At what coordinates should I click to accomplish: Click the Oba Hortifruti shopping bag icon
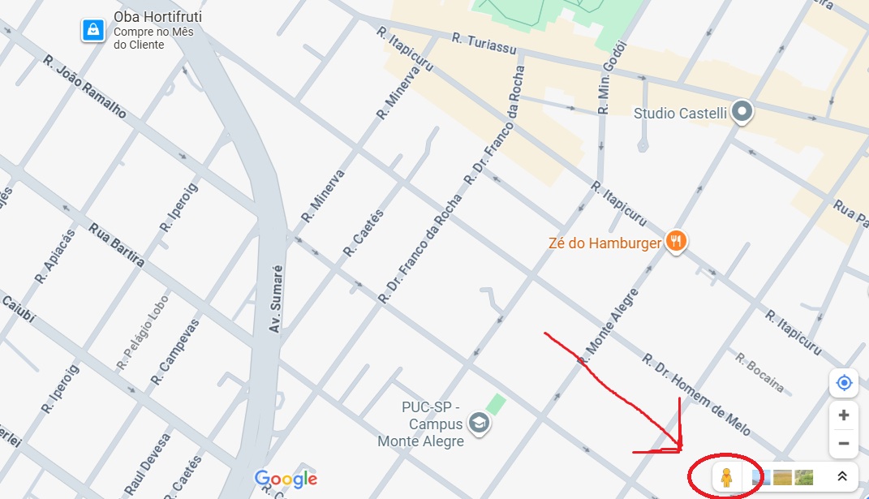pyautogui.click(x=93, y=31)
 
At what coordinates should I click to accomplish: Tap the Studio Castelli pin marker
pyautogui.click(x=742, y=112)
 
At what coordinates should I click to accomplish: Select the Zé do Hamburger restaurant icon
pyautogui.click(x=677, y=240)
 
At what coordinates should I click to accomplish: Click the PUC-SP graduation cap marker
pyautogui.click(x=480, y=424)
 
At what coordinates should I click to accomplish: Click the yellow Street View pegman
pyautogui.click(x=726, y=477)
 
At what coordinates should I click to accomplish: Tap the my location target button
pyautogui.click(x=844, y=383)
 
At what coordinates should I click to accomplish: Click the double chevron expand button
pyautogui.click(x=842, y=477)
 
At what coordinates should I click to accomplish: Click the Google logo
pyautogui.click(x=286, y=479)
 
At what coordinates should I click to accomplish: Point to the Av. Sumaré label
pyautogui.click(x=276, y=298)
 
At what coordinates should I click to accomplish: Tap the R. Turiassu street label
pyautogui.click(x=484, y=43)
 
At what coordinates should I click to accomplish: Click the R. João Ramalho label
pyautogui.click(x=84, y=88)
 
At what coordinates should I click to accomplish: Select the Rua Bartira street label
pyautogui.click(x=117, y=244)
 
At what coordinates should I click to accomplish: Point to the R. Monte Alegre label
pyautogui.click(x=609, y=324)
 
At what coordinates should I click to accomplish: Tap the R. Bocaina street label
pyautogui.click(x=759, y=372)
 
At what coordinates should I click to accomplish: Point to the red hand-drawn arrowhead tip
pyautogui.click(x=680, y=450)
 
